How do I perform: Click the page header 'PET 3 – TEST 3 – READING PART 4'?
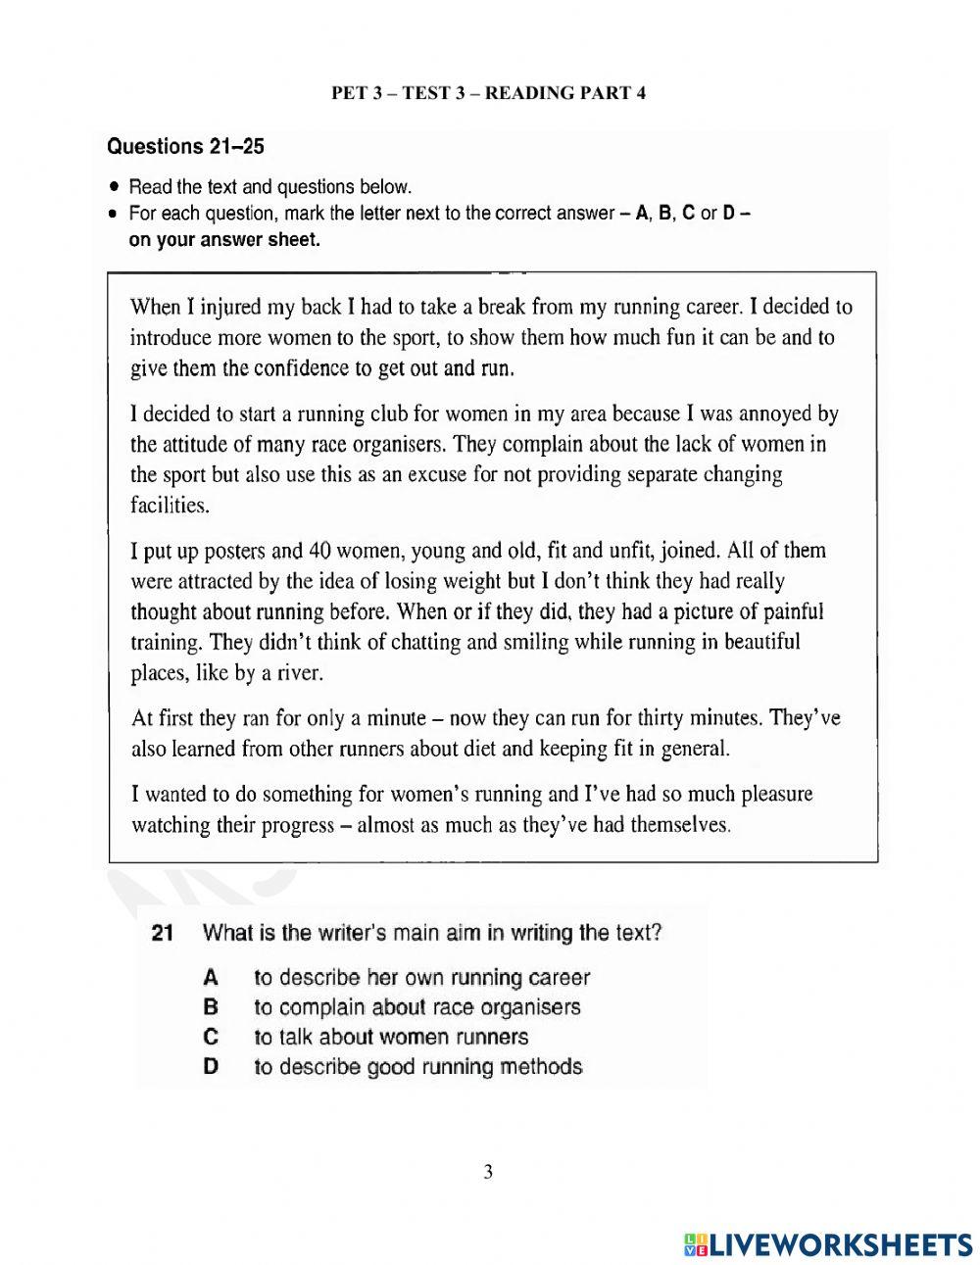[488, 93]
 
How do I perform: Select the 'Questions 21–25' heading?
[185, 147]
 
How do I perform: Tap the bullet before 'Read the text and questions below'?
[116, 187]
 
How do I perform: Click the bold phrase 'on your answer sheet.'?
[224, 240]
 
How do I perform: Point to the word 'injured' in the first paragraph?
[229, 307]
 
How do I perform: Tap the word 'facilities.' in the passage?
[170, 506]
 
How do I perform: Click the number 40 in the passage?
[319, 550]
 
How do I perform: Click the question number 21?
[163, 933]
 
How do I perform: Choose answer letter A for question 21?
[210, 977]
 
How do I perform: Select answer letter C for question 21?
[210, 1037]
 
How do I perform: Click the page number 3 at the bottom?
[488, 1173]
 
